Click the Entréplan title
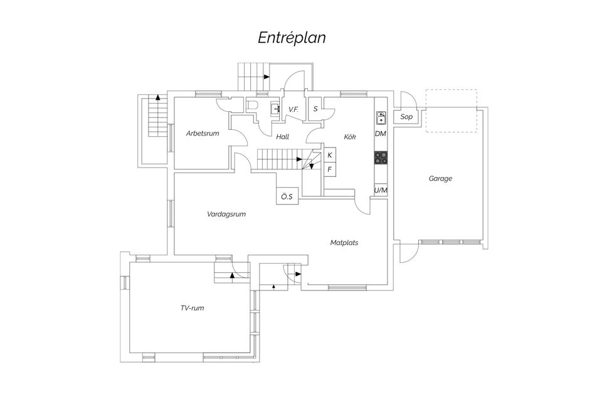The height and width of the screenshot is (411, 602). pos(292,38)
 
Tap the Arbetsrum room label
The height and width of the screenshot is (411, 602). pos(203,133)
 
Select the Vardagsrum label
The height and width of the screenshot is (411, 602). pos(226,214)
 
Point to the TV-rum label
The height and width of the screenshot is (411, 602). pos(192,307)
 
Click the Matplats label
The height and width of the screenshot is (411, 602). pos(344,242)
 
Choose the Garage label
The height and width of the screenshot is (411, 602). pos(440,178)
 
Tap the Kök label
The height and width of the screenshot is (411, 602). pos(350,136)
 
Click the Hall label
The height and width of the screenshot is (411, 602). pos(282,136)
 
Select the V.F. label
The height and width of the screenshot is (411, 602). pos(293,109)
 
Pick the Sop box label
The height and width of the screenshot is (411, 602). pos(406,116)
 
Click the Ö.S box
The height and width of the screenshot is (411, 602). pos(287,196)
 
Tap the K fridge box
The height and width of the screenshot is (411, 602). pos(330,155)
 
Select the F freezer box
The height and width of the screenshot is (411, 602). pos(330,169)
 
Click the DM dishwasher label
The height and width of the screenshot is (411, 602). pos(381,134)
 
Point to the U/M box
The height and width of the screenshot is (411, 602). pos(381,190)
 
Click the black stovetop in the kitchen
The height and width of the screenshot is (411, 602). pos(381,158)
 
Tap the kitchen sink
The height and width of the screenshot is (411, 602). pos(381,117)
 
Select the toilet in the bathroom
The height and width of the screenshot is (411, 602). pos(252,105)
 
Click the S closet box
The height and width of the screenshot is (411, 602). pos(315,109)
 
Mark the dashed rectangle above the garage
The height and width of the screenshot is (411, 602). pos(451,110)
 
